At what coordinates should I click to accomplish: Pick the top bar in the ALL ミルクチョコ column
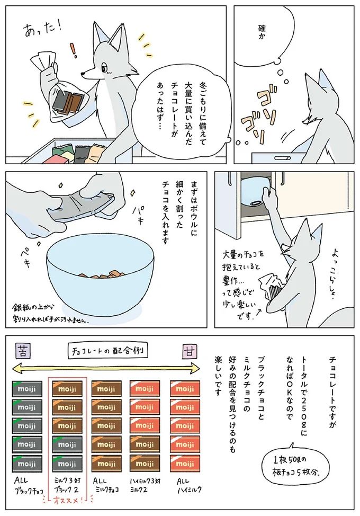(106, 389)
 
